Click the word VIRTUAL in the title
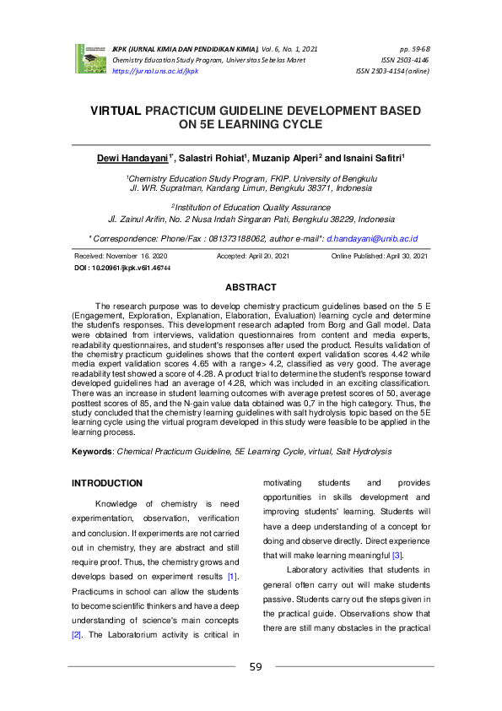click(x=116, y=111)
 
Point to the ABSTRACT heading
click(x=251, y=288)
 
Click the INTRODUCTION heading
click(x=107, y=484)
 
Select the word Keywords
click(x=92, y=452)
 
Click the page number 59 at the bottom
click(x=256, y=667)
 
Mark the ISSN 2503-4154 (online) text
click(x=393, y=72)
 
